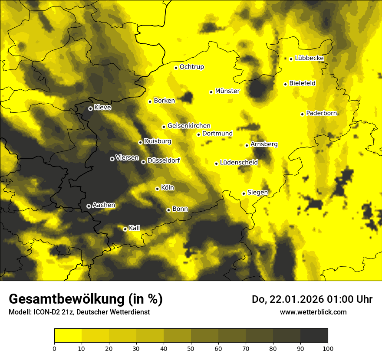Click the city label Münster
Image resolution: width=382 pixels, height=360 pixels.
[x=227, y=91]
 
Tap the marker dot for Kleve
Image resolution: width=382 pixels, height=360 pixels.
[x=90, y=108]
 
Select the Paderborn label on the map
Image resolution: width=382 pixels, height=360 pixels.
[x=322, y=113]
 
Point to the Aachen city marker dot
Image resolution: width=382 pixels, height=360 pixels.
[x=89, y=206]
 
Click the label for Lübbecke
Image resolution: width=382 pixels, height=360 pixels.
[x=309, y=58]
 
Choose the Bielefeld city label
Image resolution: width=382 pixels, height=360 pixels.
[x=302, y=83]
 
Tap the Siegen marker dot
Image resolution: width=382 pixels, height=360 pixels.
[x=244, y=193]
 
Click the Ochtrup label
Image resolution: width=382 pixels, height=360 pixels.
[x=191, y=67]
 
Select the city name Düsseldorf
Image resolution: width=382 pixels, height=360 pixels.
[x=163, y=160]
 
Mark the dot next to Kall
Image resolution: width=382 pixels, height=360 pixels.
[x=125, y=229]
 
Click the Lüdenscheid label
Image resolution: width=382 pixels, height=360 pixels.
[x=239, y=163]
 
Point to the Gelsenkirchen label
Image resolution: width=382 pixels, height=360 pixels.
[x=189, y=126]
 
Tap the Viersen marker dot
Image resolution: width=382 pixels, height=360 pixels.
[x=112, y=159]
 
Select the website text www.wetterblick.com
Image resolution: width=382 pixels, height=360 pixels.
[x=313, y=312]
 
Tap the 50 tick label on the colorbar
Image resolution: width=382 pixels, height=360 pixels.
[x=191, y=348]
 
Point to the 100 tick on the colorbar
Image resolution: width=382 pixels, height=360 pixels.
[x=328, y=348]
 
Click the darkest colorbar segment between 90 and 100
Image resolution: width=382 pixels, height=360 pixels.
[x=314, y=335]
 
